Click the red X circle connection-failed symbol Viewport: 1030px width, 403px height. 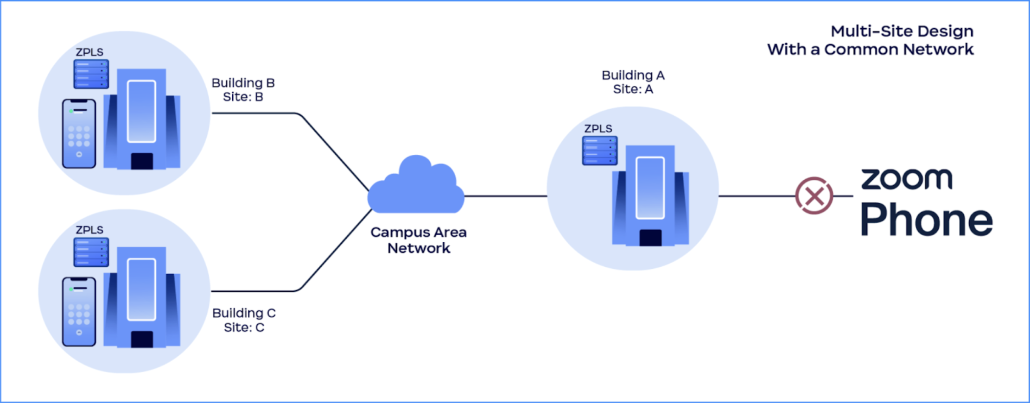814,195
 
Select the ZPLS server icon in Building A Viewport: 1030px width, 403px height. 599,151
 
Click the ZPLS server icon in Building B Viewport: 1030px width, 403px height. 91,74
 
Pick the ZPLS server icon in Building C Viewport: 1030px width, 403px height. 91,252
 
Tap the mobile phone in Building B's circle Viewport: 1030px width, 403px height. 79,133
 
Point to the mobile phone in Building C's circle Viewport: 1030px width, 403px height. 79,311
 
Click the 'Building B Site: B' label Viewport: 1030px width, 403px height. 243,90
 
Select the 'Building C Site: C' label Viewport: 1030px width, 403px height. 244,320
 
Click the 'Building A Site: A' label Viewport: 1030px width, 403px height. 633,82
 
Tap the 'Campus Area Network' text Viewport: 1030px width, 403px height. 418,240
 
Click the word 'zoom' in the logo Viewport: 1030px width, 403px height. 906,179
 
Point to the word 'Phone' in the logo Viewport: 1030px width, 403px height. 926,220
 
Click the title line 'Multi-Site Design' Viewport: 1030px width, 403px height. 902,31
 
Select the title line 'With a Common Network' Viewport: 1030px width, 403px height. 870,50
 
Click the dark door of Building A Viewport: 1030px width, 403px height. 650,238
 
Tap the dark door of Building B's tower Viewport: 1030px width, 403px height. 142,161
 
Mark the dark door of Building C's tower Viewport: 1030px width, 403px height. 142,339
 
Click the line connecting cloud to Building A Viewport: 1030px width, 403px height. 505,196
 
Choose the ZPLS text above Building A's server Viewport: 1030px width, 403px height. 598,129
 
